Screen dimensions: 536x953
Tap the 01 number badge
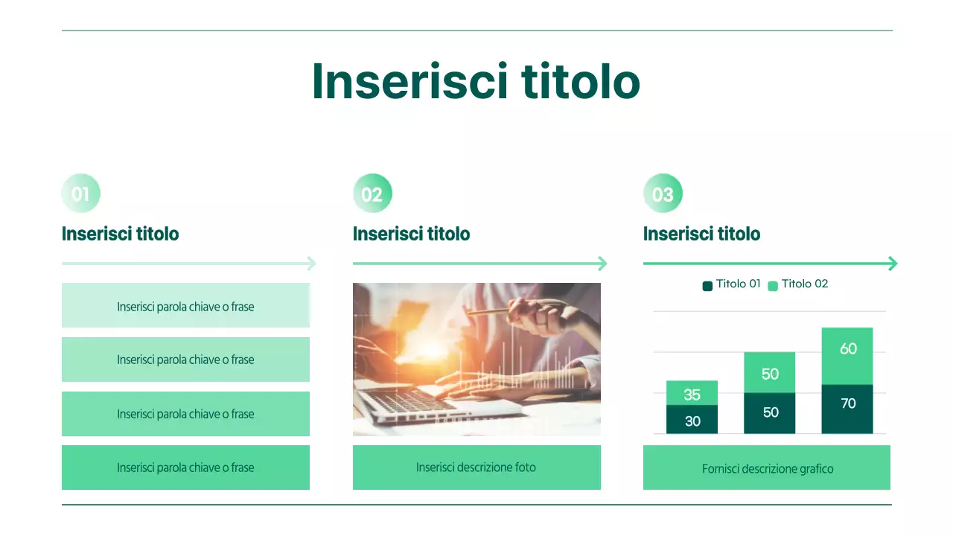click(x=80, y=194)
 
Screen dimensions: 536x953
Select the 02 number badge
click(x=372, y=194)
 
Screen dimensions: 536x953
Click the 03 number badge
click(x=663, y=194)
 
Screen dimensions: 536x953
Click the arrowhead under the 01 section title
click(x=311, y=264)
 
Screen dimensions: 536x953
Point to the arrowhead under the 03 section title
click(x=893, y=264)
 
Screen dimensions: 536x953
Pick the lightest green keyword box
click(x=185, y=305)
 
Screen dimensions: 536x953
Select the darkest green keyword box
click(x=185, y=468)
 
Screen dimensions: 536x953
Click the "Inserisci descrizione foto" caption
click(x=476, y=468)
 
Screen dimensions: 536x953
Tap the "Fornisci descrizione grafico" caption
click(x=767, y=468)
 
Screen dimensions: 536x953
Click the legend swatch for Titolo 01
click(x=707, y=285)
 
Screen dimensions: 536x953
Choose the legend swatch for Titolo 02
click(x=773, y=285)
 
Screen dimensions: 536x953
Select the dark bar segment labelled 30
click(x=692, y=420)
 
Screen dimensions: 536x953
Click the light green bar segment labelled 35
click(x=692, y=393)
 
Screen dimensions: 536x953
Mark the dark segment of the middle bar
click(x=770, y=413)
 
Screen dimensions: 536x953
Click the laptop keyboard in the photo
click(x=417, y=398)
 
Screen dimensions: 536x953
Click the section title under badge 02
click(x=411, y=234)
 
